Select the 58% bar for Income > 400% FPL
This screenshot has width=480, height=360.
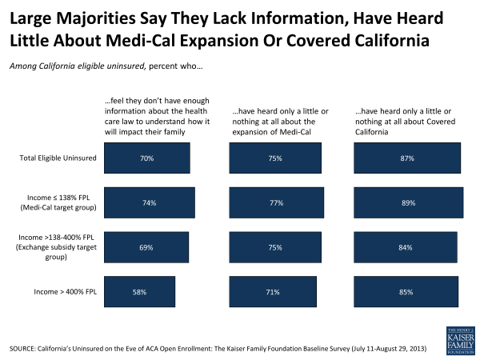tap(140, 293)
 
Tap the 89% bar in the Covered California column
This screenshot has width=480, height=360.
tap(408, 204)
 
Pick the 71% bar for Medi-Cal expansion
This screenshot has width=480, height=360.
tap(274, 293)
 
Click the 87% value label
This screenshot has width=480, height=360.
tap(407, 158)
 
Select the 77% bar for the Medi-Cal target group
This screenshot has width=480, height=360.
tap(277, 204)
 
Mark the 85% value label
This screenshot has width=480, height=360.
tap(406, 293)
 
